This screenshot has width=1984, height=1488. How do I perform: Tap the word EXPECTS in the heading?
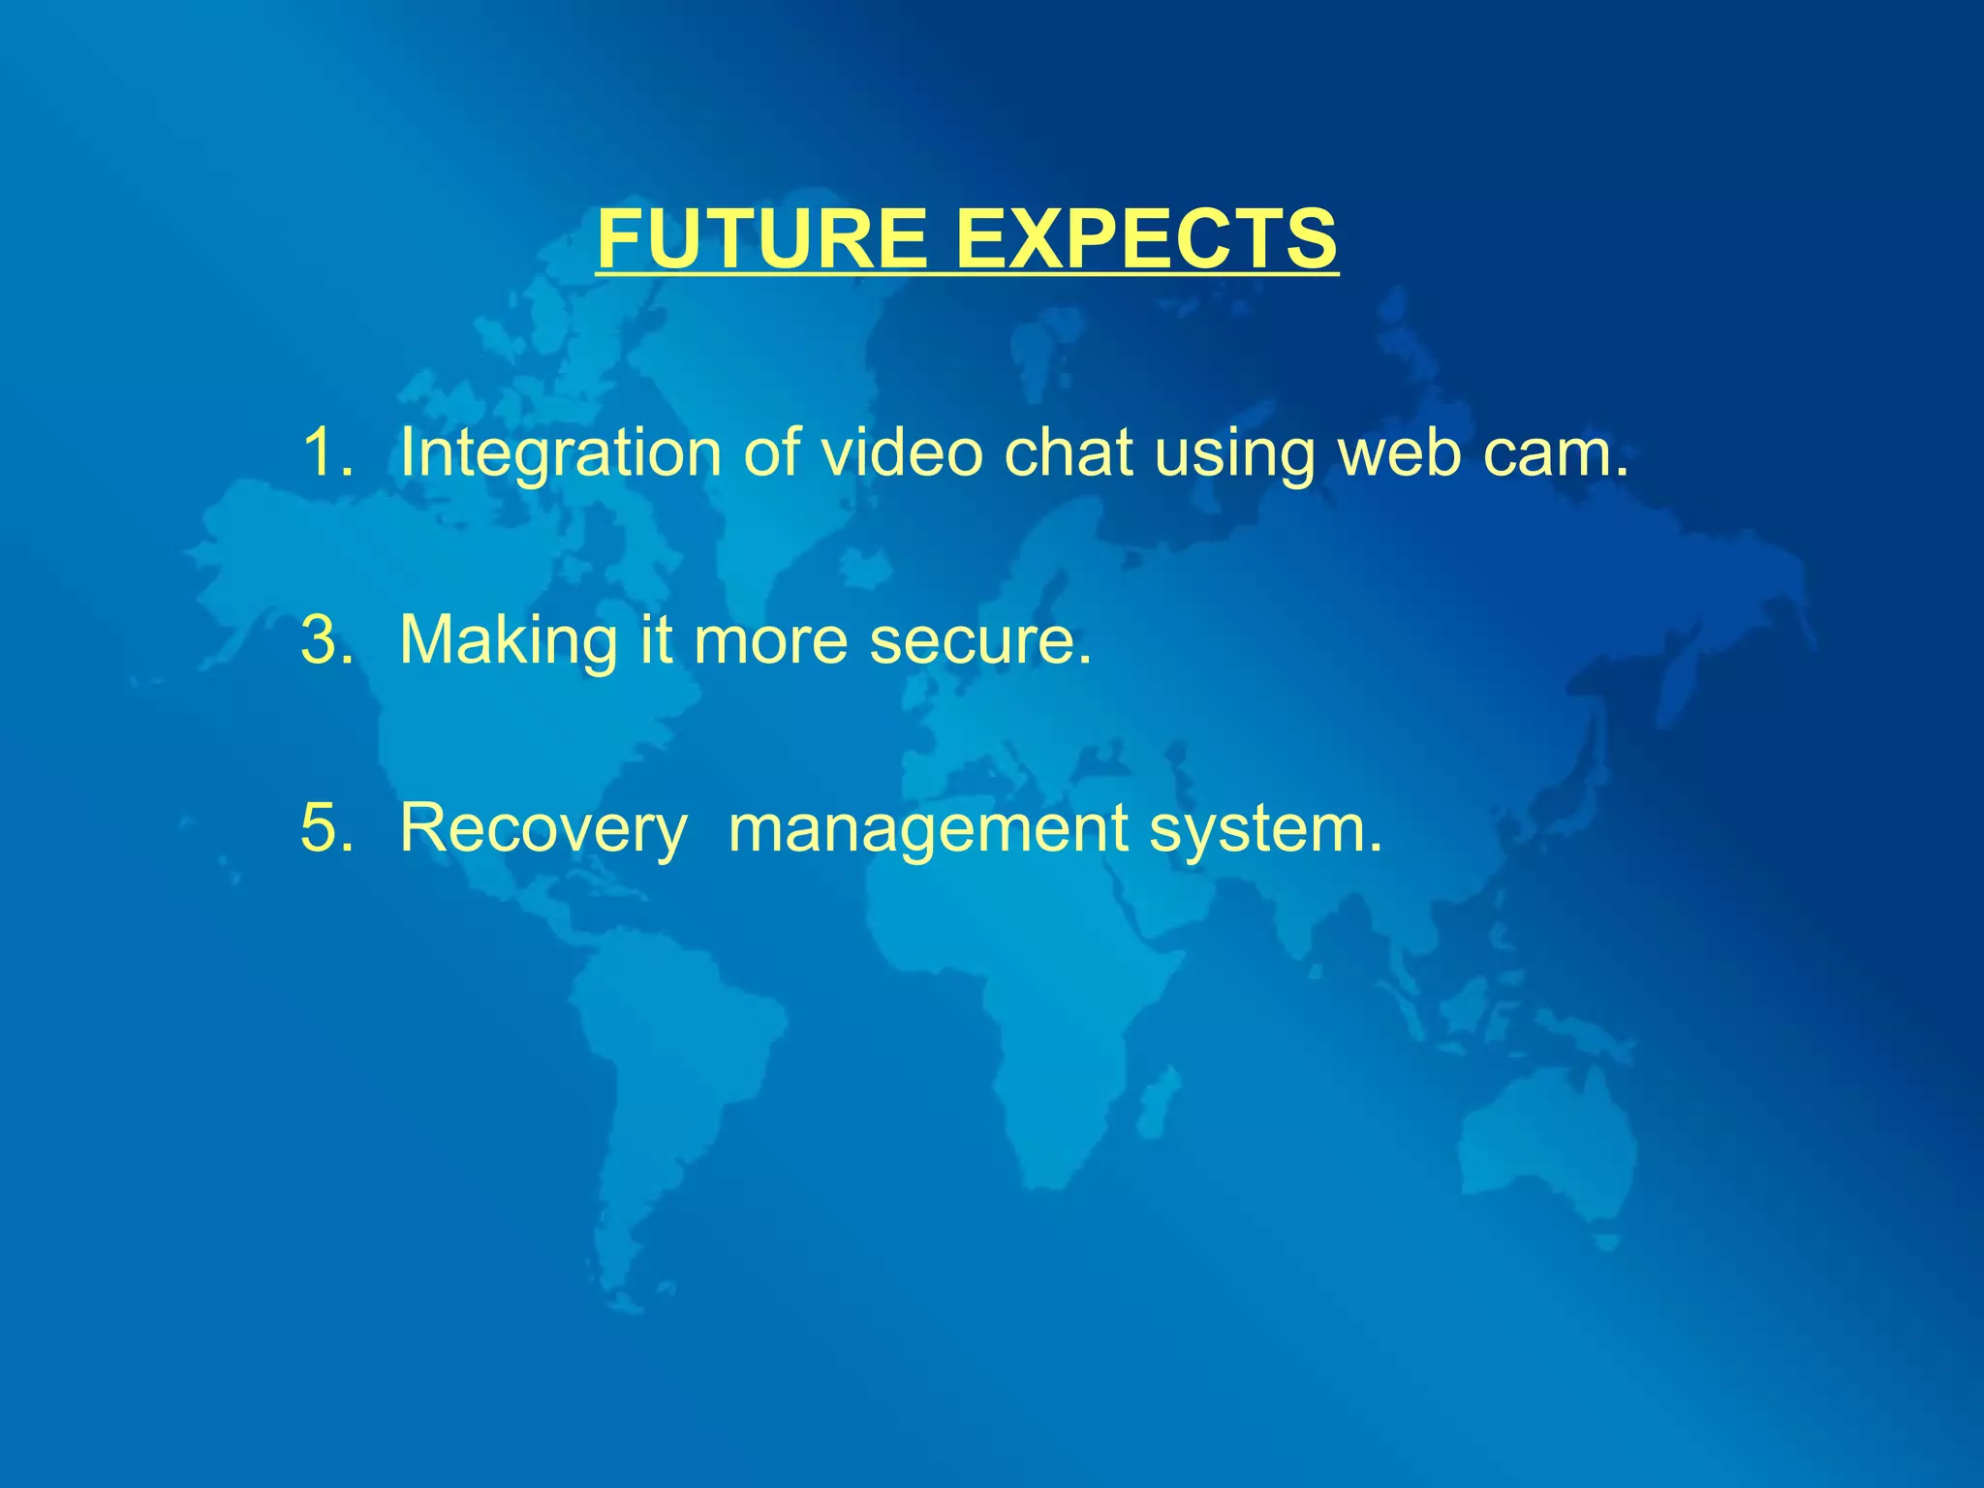(1147, 239)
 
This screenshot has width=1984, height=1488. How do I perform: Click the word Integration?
(561, 453)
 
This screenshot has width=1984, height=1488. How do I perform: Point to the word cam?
(1555, 453)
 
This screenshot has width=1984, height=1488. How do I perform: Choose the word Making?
(509, 641)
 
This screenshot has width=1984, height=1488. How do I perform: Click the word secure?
(978, 641)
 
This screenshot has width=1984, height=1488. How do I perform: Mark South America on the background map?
(668, 1066)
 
